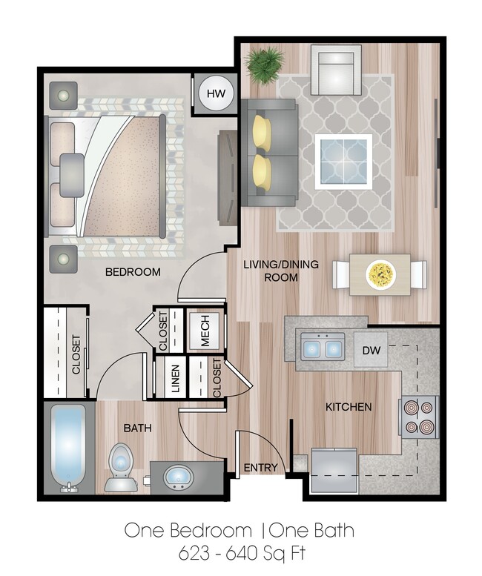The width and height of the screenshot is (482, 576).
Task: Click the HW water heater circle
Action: (216, 93)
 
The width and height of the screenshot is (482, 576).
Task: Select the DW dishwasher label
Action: (371, 349)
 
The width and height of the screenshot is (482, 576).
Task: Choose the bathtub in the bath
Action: (70, 448)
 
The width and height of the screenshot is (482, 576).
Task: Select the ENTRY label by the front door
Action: (260, 468)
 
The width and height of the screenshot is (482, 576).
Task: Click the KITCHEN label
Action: (349, 407)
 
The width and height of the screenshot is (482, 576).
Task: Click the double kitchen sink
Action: (323, 346)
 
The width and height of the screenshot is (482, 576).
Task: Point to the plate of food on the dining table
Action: (381, 275)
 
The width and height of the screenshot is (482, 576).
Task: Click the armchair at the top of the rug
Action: (335, 70)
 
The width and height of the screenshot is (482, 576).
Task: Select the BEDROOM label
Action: (133, 272)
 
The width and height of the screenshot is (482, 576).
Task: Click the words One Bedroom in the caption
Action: (187, 530)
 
